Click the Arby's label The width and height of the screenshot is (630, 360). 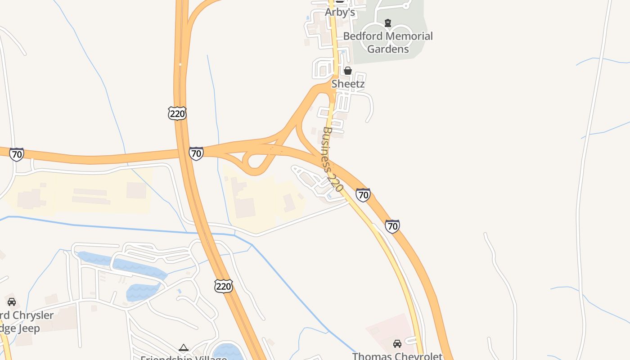(x=340, y=13)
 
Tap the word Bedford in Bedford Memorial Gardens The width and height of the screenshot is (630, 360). (x=363, y=36)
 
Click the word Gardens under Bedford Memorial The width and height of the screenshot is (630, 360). (x=388, y=49)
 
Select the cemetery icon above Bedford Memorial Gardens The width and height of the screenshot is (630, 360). (x=388, y=22)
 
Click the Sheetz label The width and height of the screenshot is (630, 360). (x=348, y=84)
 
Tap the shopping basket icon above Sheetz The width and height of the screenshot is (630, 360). (x=348, y=71)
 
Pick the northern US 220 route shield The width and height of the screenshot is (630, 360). (x=177, y=113)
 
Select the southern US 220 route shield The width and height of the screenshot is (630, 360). (x=223, y=286)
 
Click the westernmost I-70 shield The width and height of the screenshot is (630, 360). (x=17, y=154)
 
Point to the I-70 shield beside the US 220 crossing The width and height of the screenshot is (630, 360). (x=196, y=153)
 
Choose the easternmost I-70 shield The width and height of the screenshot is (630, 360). (x=392, y=226)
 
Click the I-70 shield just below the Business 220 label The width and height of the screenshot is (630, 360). (x=363, y=195)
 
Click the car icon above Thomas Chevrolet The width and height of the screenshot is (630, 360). (x=397, y=344)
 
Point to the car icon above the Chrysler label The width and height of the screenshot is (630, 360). (x=12, y=302)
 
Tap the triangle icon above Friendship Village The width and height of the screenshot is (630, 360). (x=183, y=347)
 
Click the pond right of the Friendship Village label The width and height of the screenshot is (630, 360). (x=227, y=351)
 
